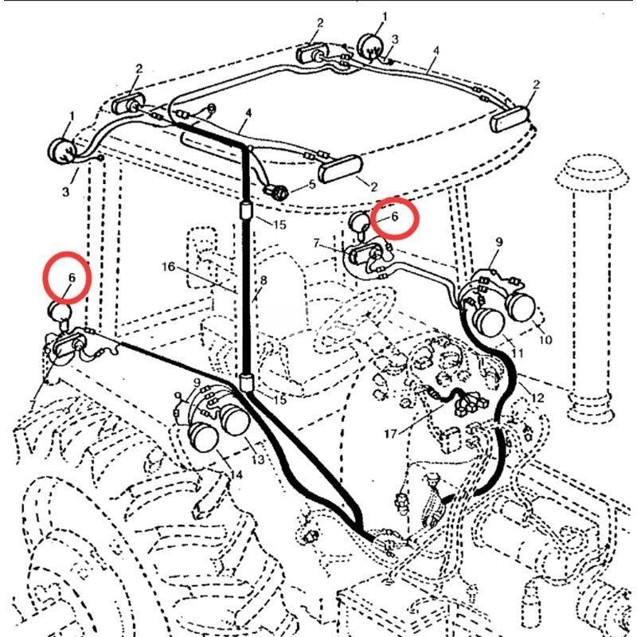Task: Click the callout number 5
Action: click(x=312, y=184)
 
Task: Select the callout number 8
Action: click(x=263, y=280)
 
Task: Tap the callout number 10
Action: click(x=545, y=341)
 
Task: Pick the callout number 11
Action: click(x=518, y=354)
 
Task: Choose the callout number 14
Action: click(x=236, y=475)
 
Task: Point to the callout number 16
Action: click(x=168, y=266)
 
